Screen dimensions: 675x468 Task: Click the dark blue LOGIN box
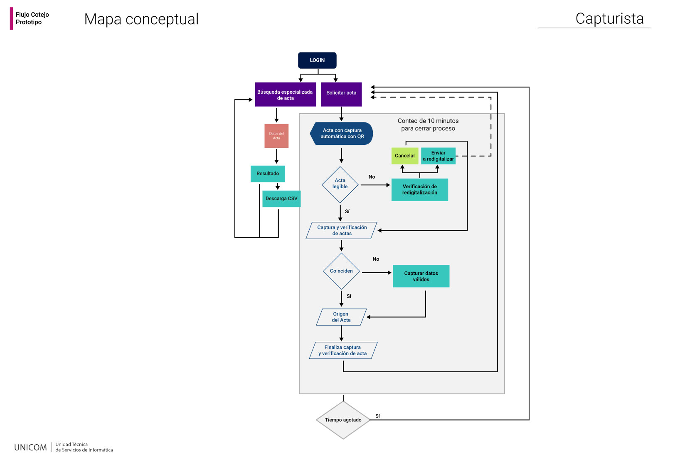click(317, 60)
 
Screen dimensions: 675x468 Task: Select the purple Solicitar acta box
click(341, 95)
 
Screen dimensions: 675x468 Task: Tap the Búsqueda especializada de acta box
click(286, 95)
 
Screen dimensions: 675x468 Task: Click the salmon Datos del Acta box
click(277, 136)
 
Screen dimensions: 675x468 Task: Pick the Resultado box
click(268, 174)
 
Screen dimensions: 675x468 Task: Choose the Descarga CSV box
click(281, 199)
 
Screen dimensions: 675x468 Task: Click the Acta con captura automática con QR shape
click(341, 134)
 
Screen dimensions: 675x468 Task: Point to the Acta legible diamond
click(340, 185)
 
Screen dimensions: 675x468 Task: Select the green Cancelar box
click(405, 156)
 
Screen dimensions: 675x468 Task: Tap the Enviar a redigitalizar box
click(439, 156)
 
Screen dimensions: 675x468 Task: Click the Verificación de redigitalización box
click(420, 189)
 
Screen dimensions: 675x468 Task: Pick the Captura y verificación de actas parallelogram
click(341, 231)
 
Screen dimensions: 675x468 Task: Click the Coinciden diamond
click(341, 271)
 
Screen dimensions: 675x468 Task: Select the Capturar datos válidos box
click(421, 276)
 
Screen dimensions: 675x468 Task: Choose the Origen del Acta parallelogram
click(341, 317)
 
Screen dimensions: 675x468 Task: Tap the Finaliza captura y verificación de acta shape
click(343, 351)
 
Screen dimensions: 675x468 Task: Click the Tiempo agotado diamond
click(343, 420)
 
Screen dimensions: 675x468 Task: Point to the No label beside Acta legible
click(372, 177)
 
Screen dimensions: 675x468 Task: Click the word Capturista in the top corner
click(610, 19)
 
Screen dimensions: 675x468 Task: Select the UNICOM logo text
click(30, 448)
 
